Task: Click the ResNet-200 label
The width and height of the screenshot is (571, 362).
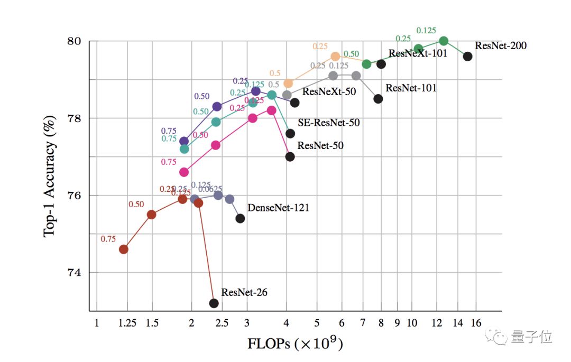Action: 500,45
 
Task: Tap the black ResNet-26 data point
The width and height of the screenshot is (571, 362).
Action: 214,303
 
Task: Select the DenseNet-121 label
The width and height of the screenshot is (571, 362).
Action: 278,208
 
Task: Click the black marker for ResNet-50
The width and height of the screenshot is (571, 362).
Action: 290,156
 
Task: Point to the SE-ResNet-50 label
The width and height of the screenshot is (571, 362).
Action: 329,123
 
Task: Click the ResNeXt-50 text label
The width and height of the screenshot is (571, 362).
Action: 329,91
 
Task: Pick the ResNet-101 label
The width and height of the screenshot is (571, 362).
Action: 411,88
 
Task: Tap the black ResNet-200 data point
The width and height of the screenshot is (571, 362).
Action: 467,56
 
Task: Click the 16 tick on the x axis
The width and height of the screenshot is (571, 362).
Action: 476,322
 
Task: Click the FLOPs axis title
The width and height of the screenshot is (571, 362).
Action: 295,344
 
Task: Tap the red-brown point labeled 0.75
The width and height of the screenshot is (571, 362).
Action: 123,249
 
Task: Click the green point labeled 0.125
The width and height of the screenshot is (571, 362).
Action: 444,41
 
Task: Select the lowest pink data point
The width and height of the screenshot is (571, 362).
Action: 184,172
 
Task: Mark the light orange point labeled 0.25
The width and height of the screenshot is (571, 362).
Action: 335,56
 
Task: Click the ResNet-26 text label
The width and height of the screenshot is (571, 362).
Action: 244,292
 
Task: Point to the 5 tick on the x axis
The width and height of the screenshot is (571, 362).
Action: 316,322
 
